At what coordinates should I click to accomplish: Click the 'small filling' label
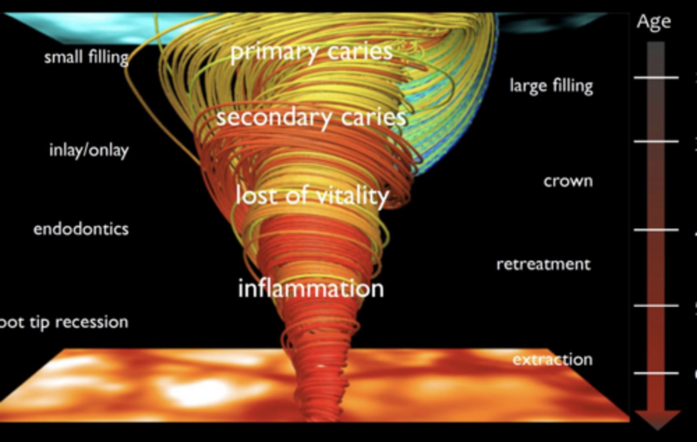pyautogui.click(x=86, y=57)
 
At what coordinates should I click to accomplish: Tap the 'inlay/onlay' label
pyautogui.click(x=89, y=150)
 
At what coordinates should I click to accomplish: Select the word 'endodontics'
pyautogui.click(x=81, y=229)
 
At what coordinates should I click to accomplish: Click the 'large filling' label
pyautogui.click(x=551, y=86)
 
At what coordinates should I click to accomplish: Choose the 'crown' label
pyautogui.click(x=568, y=181)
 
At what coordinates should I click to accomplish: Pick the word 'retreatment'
pyautogui.click(x=543, y=265)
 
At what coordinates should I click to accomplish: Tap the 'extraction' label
pyautogui.click(x=552, y=360)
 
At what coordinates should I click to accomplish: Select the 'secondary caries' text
pyautogui.click(x=311, y=117)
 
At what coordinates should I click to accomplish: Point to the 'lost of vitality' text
pyautogui.click(x=312, y=195)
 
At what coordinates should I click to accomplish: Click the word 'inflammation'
pyautogui.click(x=311, y=289)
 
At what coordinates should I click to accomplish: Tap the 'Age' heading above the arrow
pyautogui.click(x=653, y=22)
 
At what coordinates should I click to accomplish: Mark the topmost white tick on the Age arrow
pyautogui.click(x=656, y=78)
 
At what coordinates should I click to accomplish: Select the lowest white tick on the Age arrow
pyautogui.click(x=656, y=373)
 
